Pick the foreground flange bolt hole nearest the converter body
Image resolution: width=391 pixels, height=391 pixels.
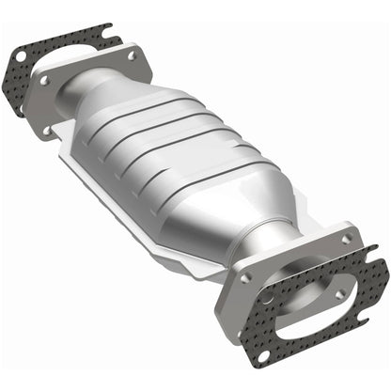click(245, 279)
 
